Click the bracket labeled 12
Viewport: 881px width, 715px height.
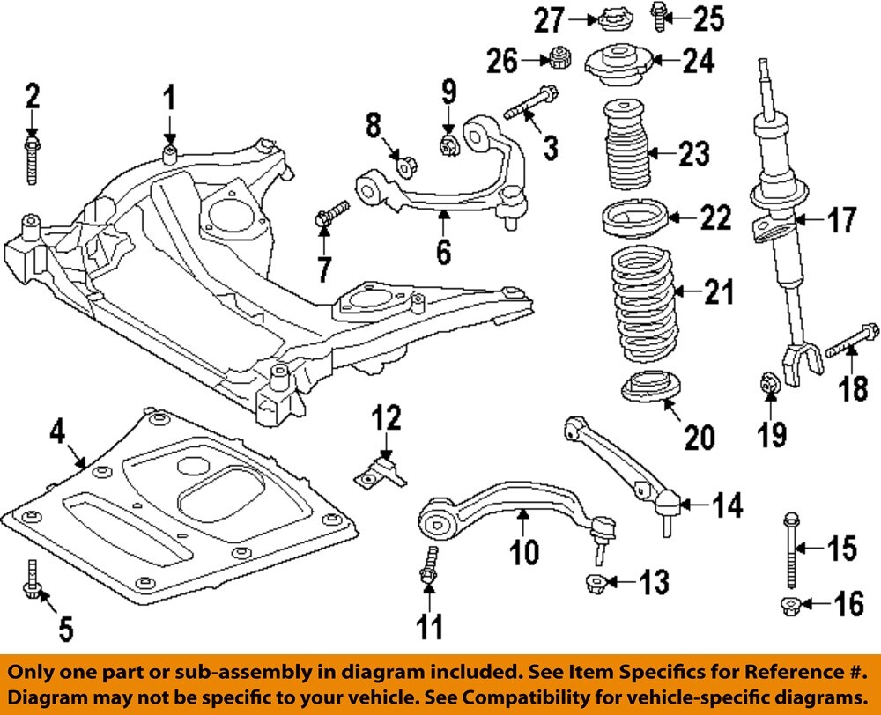click(381, 468)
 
